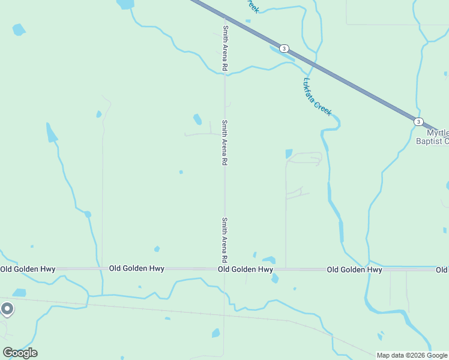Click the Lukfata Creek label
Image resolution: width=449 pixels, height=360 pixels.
click(318, 96)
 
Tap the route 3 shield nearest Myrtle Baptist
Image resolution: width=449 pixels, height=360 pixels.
click(418, 121)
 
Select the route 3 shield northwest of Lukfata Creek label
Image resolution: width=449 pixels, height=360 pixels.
click(284, 49)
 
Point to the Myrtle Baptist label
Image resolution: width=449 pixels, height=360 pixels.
click(437, 137)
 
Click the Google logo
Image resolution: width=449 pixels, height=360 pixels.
click(20, 352)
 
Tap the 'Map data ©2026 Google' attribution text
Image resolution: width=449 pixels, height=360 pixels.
click(412, 355)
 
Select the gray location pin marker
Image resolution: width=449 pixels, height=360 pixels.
click(7, 309)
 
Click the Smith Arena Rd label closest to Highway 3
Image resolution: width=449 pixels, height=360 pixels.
click(225, 49)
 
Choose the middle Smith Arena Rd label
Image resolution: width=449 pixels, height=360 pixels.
click(224, 143)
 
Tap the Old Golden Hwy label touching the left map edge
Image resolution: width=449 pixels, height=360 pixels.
click(28, 269)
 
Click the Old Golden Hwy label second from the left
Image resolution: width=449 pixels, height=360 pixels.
click(137, 268)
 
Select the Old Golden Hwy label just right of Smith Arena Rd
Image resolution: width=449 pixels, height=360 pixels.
click(246, 270)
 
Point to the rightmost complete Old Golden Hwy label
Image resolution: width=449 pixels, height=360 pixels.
click(354, 270)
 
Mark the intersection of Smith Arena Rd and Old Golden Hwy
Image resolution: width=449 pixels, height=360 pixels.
click(224, 269)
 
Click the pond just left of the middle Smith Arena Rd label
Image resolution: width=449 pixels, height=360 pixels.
click(197, 119)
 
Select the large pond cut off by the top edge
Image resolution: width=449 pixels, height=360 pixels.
click(125, 4)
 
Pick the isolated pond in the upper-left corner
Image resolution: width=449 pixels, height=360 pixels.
click(19, 29)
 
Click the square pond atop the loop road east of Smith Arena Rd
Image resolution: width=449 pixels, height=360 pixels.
click(289, 154)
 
